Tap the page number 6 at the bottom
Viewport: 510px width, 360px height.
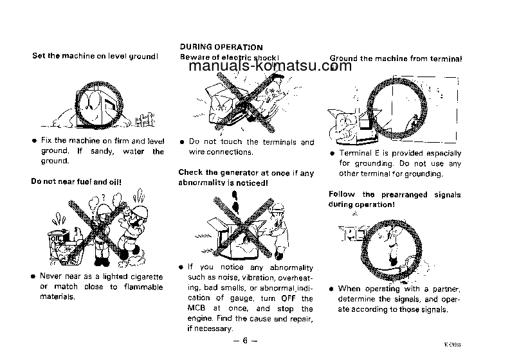246,341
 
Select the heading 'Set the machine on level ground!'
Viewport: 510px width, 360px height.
95,56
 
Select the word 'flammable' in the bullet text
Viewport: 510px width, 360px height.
143,287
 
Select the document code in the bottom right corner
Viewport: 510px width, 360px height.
495,346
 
